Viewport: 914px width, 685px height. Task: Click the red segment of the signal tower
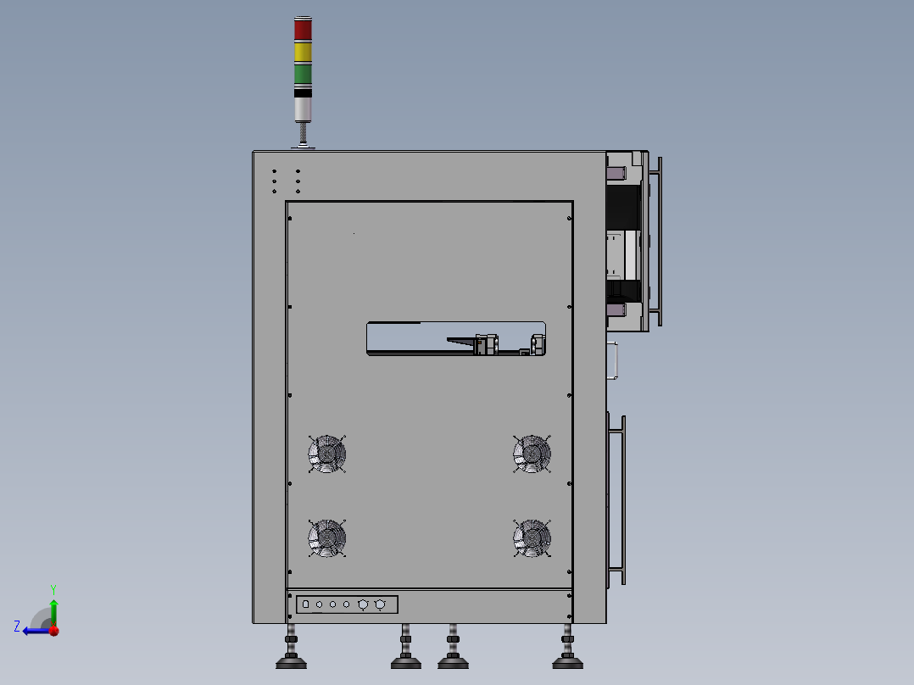(x=303, y=29)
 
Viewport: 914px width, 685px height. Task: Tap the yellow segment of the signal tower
(x=303, y=52)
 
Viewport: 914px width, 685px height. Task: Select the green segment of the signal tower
(x=303, y=74)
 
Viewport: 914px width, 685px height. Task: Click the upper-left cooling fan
(x=327, y=454)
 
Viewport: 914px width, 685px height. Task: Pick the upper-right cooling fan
(x=532, y=454)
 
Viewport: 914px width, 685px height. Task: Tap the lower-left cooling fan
(x=327, y=538)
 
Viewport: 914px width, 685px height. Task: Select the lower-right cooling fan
(x=532, y=538)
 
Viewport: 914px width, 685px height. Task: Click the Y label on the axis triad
(x=53, y=588)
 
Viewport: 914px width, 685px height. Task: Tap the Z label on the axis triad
(x=17, y=627)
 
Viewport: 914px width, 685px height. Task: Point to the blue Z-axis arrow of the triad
(x=36, y=630)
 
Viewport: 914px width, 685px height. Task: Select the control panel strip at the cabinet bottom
(x=347, y=604)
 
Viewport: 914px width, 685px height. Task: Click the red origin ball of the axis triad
(x=53, y=630)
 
